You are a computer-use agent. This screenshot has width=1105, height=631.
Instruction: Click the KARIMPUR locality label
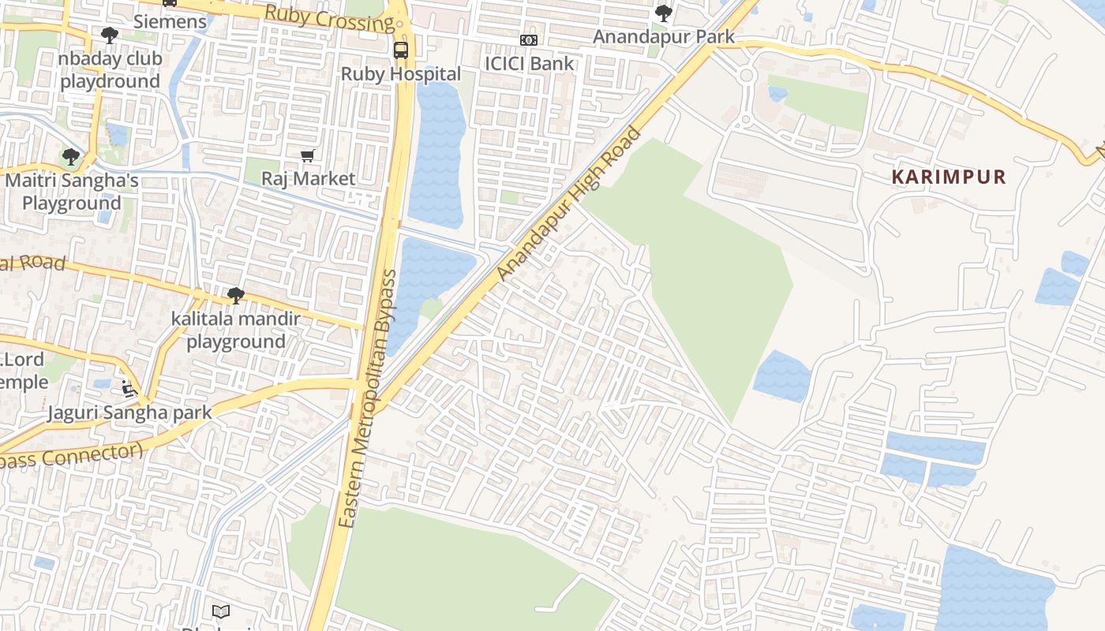click(949, 177)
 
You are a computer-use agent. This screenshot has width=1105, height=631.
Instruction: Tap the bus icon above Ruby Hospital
click(401, 50)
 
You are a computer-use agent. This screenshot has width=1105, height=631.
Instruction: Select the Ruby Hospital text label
click(401, 74)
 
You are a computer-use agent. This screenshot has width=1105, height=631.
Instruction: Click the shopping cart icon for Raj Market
click(308, 156)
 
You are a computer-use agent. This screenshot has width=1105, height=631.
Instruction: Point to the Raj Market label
click(309, 179)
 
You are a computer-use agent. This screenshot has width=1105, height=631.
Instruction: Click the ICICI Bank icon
click(529, 40)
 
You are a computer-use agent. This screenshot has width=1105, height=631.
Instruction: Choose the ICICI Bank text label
click(529, 63)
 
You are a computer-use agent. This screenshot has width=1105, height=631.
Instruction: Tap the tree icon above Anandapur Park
click(664, 13)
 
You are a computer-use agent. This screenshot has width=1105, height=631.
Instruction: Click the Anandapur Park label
click(663, 36)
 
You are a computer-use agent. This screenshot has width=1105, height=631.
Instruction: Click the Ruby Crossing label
click(328, 17)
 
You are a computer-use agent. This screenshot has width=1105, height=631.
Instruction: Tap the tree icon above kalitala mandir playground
click(235, 296)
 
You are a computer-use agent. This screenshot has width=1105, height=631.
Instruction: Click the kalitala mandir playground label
click(236, 330)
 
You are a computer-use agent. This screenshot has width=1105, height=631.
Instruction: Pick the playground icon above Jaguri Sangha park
click(129, 388)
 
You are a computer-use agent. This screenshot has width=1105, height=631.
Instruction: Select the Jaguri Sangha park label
click(129, 413)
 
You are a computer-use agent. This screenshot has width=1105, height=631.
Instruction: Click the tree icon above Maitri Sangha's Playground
click(71, 157)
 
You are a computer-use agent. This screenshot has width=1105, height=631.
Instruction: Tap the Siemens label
click(170, 21)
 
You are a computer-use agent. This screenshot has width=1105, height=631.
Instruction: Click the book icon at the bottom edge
click(221, 611)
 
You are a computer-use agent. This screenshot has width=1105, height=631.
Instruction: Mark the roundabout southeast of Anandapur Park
click(746, 76)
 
